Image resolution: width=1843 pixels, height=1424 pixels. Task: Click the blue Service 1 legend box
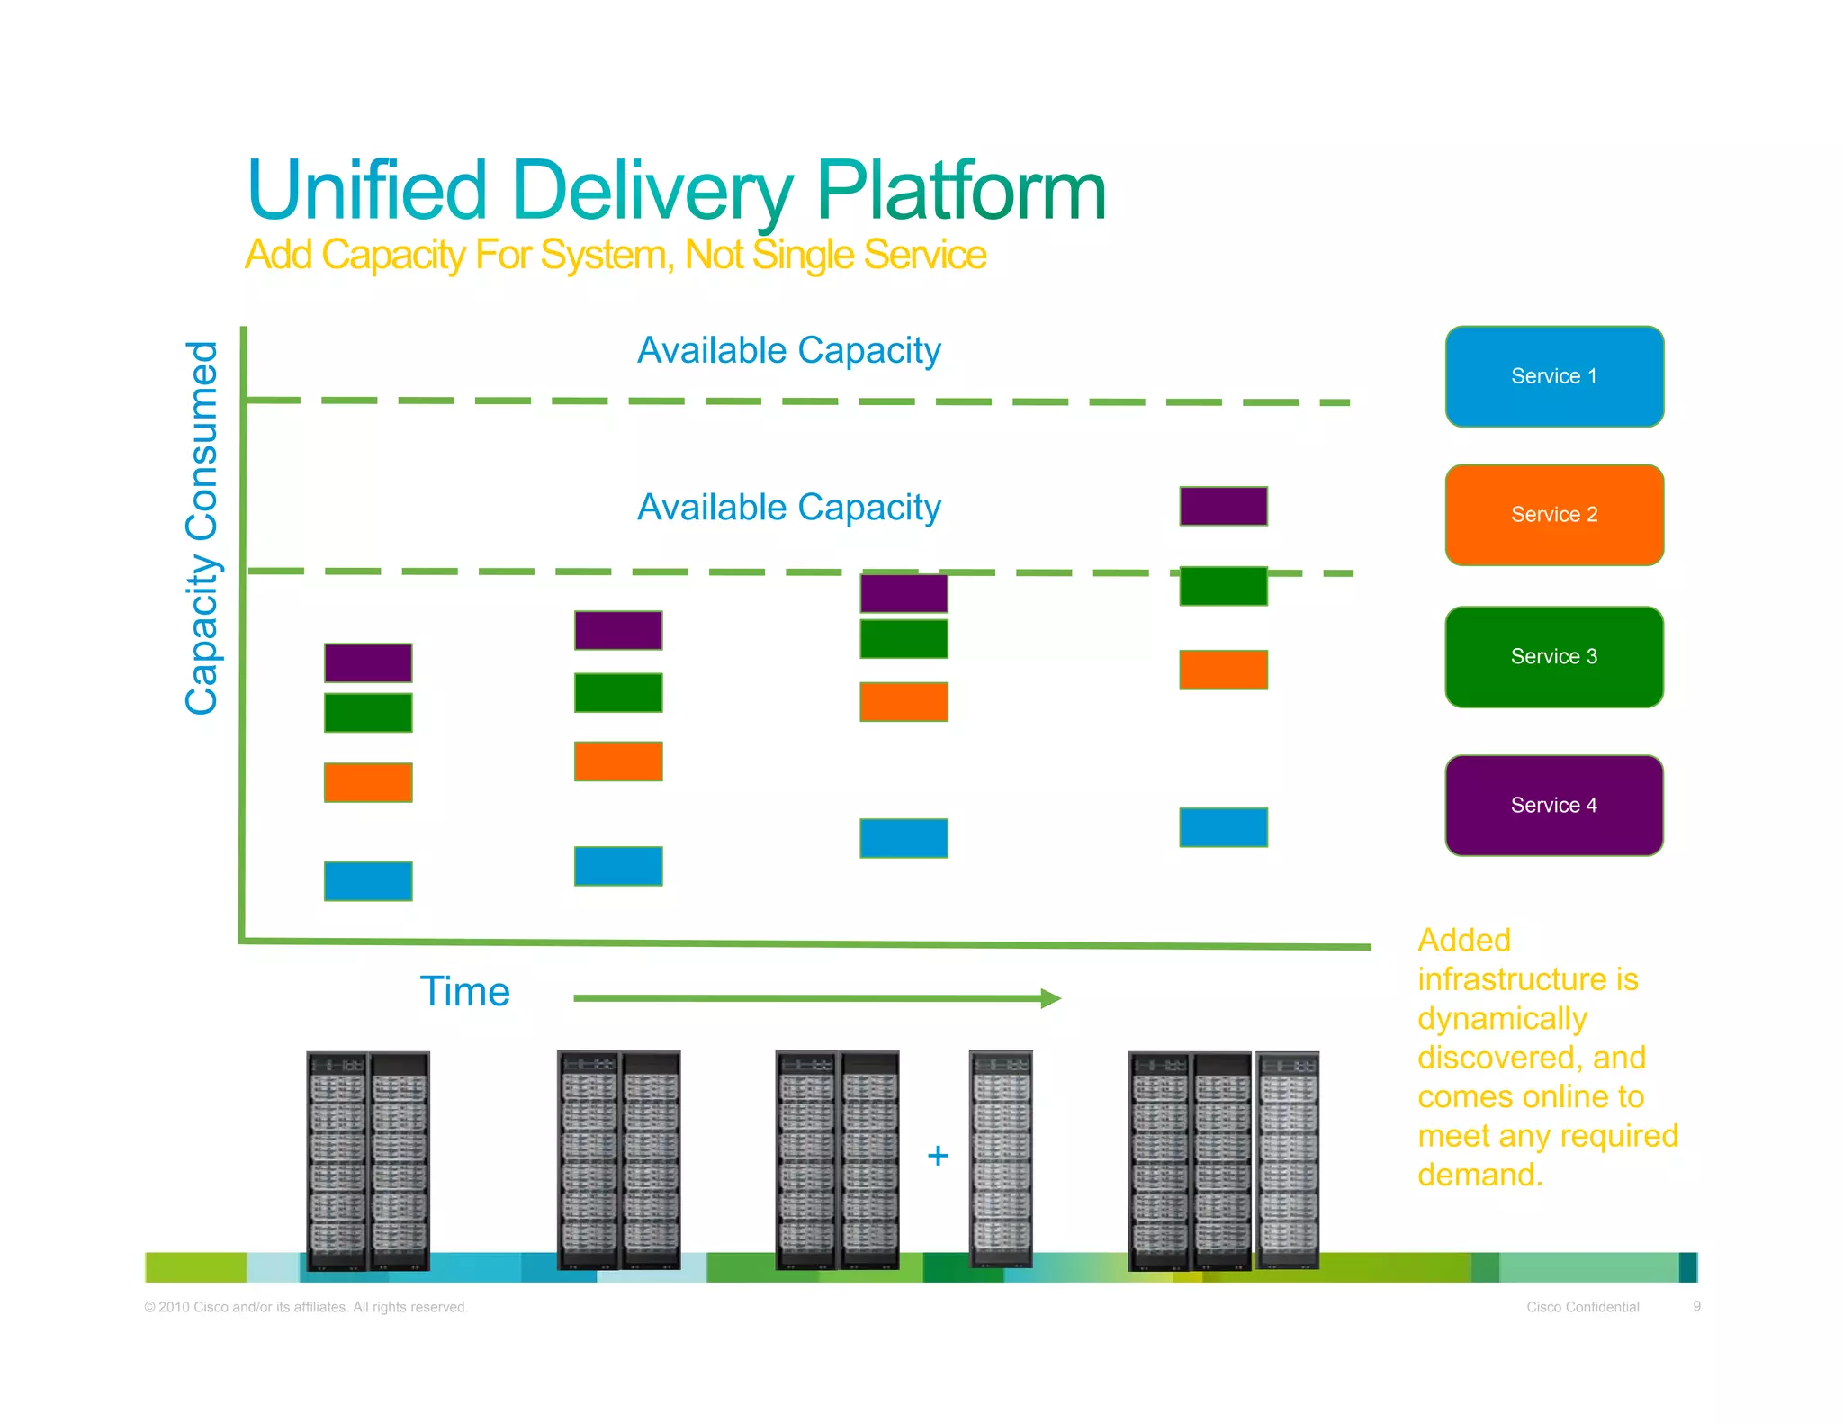pos(1553,376)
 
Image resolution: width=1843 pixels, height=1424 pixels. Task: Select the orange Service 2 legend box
pos(1553,515)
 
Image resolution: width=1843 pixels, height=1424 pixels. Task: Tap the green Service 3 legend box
pos(1553,657)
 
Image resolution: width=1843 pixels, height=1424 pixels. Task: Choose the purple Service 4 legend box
pos(1553,805)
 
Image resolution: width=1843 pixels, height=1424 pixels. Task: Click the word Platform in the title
pos(960,191)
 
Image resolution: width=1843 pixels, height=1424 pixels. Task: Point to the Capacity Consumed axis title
pos(202,527)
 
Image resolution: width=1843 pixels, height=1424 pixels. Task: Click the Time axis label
pos(464,992)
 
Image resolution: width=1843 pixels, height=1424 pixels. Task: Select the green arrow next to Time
pos(816,997)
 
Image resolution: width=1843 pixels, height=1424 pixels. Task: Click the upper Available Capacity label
pos(788,350)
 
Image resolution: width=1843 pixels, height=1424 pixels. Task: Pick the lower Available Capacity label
pos(788,508)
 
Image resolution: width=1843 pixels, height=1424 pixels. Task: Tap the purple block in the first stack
pos(368,662)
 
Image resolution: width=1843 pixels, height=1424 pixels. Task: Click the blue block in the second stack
pos(618,866)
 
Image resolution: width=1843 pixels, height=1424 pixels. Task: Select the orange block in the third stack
pos(904,702)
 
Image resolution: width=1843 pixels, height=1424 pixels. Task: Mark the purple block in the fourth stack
pos(1223,506)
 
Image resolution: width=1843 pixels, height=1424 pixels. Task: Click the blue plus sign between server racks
pos(938,1155)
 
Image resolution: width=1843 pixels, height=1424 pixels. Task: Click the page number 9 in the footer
pos(1696,1306)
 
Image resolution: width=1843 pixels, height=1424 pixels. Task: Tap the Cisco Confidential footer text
pos(1582,1307)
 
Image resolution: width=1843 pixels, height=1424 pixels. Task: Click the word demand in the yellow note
pos(1479,1175)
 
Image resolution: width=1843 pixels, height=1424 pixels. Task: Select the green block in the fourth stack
pos(1223,586)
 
